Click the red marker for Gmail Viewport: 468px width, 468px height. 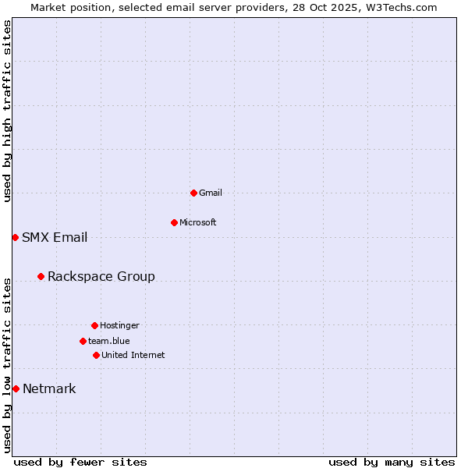tap(193, 193)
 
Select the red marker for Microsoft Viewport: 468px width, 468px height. tap(174, 222)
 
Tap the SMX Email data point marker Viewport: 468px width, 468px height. tap(15, 237)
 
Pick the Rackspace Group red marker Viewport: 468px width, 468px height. tap(41, 276)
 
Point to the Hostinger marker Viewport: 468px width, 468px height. tap(94, 325)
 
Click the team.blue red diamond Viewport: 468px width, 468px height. tap(83, 341)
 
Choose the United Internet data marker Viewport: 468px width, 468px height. tap(96, 355)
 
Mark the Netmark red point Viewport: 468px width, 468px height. tap(16, 388)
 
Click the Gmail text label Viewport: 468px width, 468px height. tap(211, 193)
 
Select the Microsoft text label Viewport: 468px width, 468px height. tap(198, 222)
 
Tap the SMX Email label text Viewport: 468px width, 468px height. tap(55, 237)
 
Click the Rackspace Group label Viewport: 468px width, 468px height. tap(101, 276)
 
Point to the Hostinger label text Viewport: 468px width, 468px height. tap(119, 325)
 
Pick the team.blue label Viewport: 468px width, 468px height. tap(109, 341)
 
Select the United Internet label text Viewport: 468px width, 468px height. tap(133, 355)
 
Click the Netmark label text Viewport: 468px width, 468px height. tap(49, 388)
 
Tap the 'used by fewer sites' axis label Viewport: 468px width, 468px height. tap(80, 462)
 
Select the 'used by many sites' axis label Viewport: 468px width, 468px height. tap(392, 462)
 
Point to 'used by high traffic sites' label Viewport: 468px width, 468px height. tap(7, 111)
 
